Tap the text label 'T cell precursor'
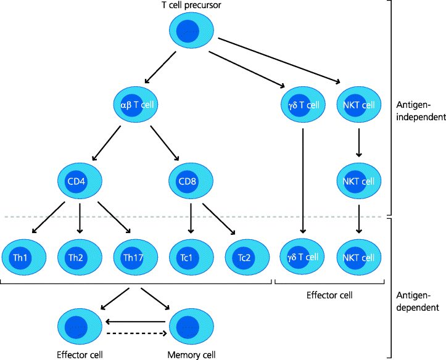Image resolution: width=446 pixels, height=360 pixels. tap(191, 6)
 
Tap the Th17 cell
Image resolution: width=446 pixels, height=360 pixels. tap(134, 256)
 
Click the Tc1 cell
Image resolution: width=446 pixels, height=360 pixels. tap(191, 256)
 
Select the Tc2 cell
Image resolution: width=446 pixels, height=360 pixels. tap(247, 256)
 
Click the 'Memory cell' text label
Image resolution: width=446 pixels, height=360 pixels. tap(191, 354)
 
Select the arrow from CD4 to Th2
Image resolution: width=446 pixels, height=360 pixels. tap(80, 218)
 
